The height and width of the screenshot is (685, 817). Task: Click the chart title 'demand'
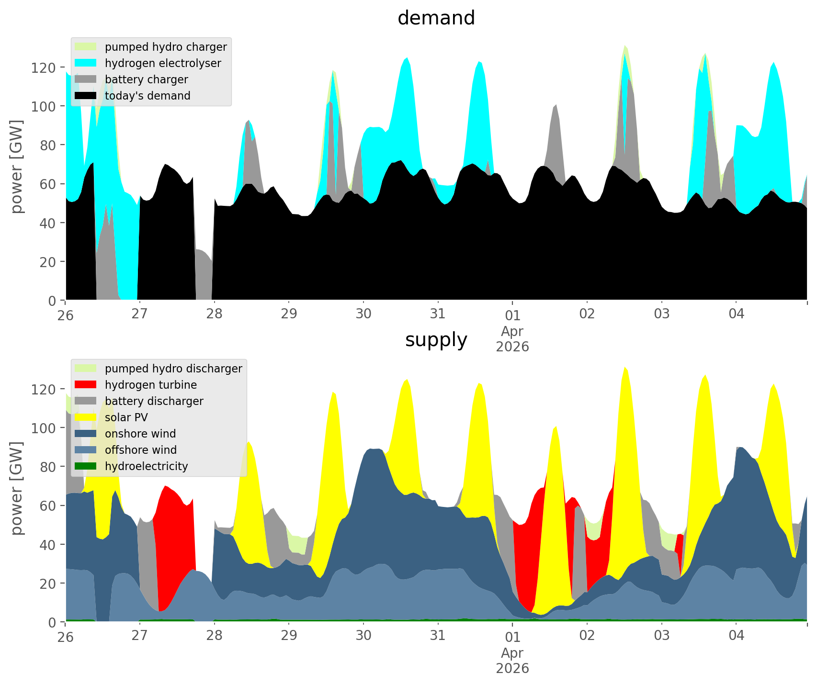pos(436,18)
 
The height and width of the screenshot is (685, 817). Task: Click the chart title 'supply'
pos(436,340)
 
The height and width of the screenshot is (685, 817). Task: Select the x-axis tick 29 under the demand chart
pos(289,314)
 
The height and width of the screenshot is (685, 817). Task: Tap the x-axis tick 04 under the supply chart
pos(736,636)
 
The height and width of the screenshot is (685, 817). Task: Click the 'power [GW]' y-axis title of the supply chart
pos(17,488)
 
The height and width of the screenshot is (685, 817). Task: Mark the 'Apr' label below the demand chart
pos(512,331)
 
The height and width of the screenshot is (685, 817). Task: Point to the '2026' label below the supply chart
pos(512,668)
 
